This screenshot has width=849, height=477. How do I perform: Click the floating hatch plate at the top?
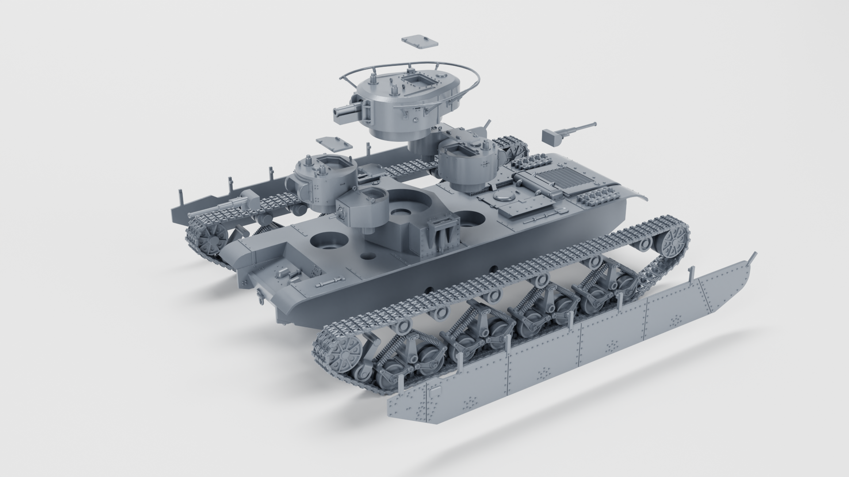(420, 41)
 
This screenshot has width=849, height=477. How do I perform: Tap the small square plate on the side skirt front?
(435, 391)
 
